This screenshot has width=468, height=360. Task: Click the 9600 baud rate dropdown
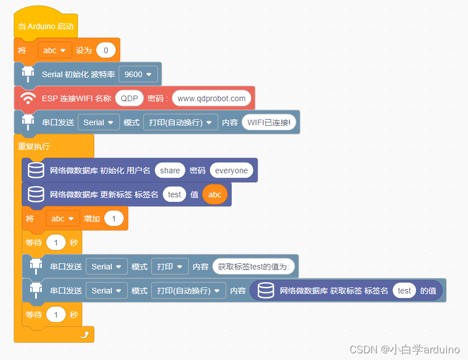pos(139,74)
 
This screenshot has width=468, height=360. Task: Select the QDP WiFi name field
pos(129,98)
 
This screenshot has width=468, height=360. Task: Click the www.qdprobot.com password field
pos(211,98)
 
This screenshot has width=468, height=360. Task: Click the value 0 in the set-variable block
pos(106,50)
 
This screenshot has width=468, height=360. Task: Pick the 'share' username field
pos(170,170)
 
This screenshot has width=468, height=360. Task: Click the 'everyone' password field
pos(231,170)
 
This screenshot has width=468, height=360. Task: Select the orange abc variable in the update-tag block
pos(214,195)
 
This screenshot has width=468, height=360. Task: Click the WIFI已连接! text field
pos(269,122)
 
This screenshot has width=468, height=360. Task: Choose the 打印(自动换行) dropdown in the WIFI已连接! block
pos(180,122)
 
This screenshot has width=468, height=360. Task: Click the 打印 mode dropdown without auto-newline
pos(169,267)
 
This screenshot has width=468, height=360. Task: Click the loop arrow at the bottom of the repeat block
pos(85,334)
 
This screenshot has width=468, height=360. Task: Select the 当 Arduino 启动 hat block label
pos(45,26)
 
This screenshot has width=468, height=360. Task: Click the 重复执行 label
pos(34,146)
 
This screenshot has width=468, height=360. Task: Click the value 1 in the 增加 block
pos(114,219)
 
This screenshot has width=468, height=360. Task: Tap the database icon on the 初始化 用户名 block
pos(36,170)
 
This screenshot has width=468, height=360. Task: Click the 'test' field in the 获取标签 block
pos(404,291)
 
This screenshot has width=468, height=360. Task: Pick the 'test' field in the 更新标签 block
pos(174,195)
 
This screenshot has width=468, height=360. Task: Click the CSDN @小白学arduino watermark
pos(404,349)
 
